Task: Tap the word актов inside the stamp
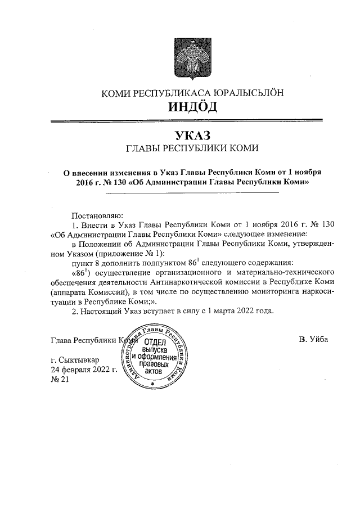point(155,372)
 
